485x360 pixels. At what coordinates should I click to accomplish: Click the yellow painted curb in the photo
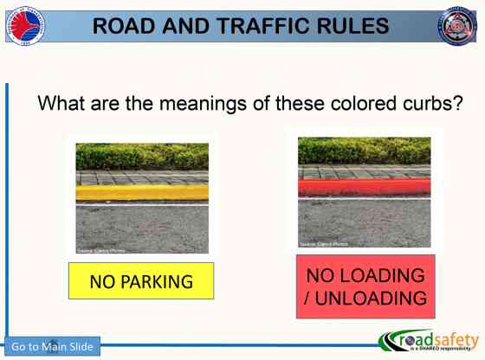click(x=142, y=193)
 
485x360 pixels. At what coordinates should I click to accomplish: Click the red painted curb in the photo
click(x=364, y=187)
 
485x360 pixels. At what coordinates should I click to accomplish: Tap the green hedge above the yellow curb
click(x=142, y=157)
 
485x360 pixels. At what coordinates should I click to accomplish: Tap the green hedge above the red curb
click(x=364, y=150)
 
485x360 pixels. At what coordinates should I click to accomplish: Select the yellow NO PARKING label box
click(x=141, y=281)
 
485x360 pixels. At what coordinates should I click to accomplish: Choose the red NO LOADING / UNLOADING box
click(x=365, y=286)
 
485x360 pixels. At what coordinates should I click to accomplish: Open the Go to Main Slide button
click(x=52, y=347)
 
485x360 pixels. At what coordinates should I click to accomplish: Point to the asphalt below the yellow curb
click(x=142, y=228)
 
